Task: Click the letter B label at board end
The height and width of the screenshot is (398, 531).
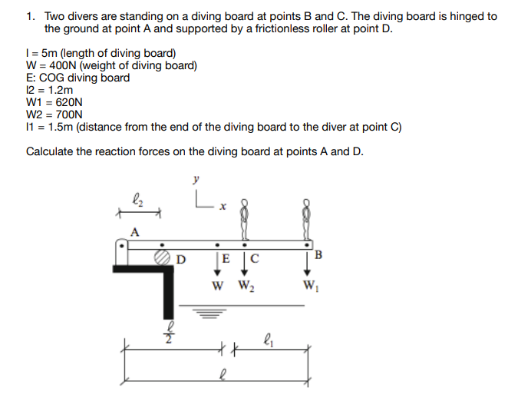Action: point(318,254)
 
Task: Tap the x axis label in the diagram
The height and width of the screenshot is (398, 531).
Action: point(222,206)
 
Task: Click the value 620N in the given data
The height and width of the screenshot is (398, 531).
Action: point(65,101)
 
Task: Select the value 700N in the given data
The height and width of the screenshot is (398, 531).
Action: point(65,114)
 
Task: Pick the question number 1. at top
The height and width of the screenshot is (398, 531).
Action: point(31,16)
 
